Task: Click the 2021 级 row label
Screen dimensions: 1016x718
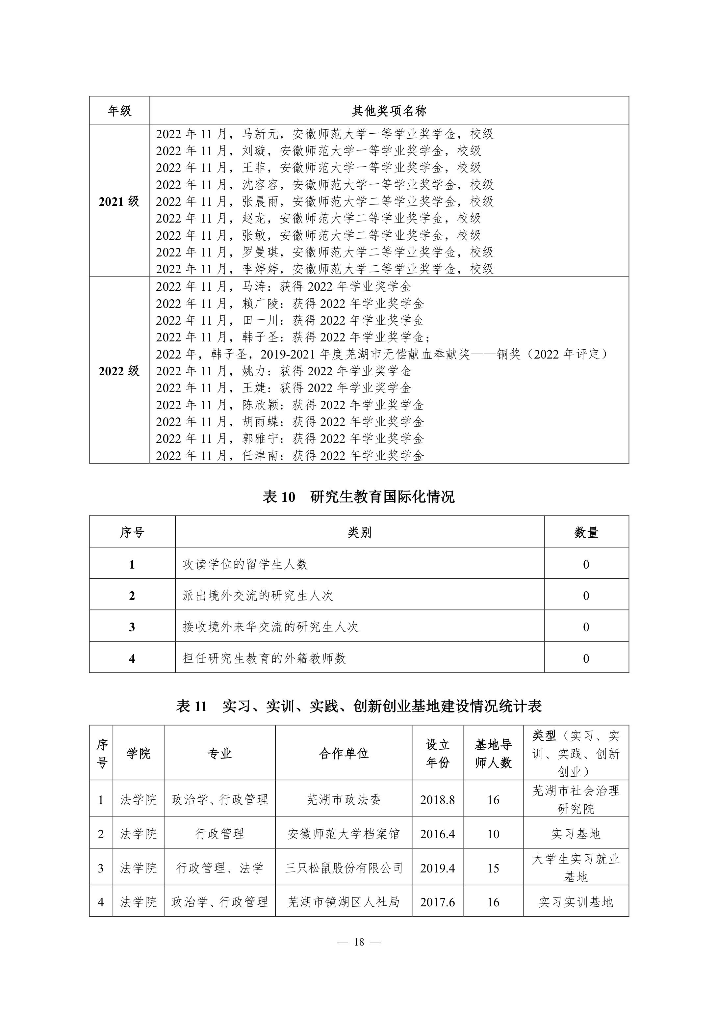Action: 119,202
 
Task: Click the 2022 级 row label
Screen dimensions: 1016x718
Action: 119,371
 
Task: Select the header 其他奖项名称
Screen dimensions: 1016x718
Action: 389,111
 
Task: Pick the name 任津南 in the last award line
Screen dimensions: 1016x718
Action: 260,455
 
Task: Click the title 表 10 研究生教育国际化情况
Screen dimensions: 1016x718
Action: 359,496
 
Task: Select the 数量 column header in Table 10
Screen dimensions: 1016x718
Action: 586,532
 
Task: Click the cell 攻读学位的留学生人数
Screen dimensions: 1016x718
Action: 245,564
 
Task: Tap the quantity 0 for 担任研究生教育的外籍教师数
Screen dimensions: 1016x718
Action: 586,658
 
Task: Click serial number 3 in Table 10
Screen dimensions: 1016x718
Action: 132,627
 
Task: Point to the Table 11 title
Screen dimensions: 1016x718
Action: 359,706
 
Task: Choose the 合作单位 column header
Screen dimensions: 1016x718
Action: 344,753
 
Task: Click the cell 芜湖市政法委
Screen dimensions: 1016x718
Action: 344,800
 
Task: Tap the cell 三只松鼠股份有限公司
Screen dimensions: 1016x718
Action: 344,868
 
